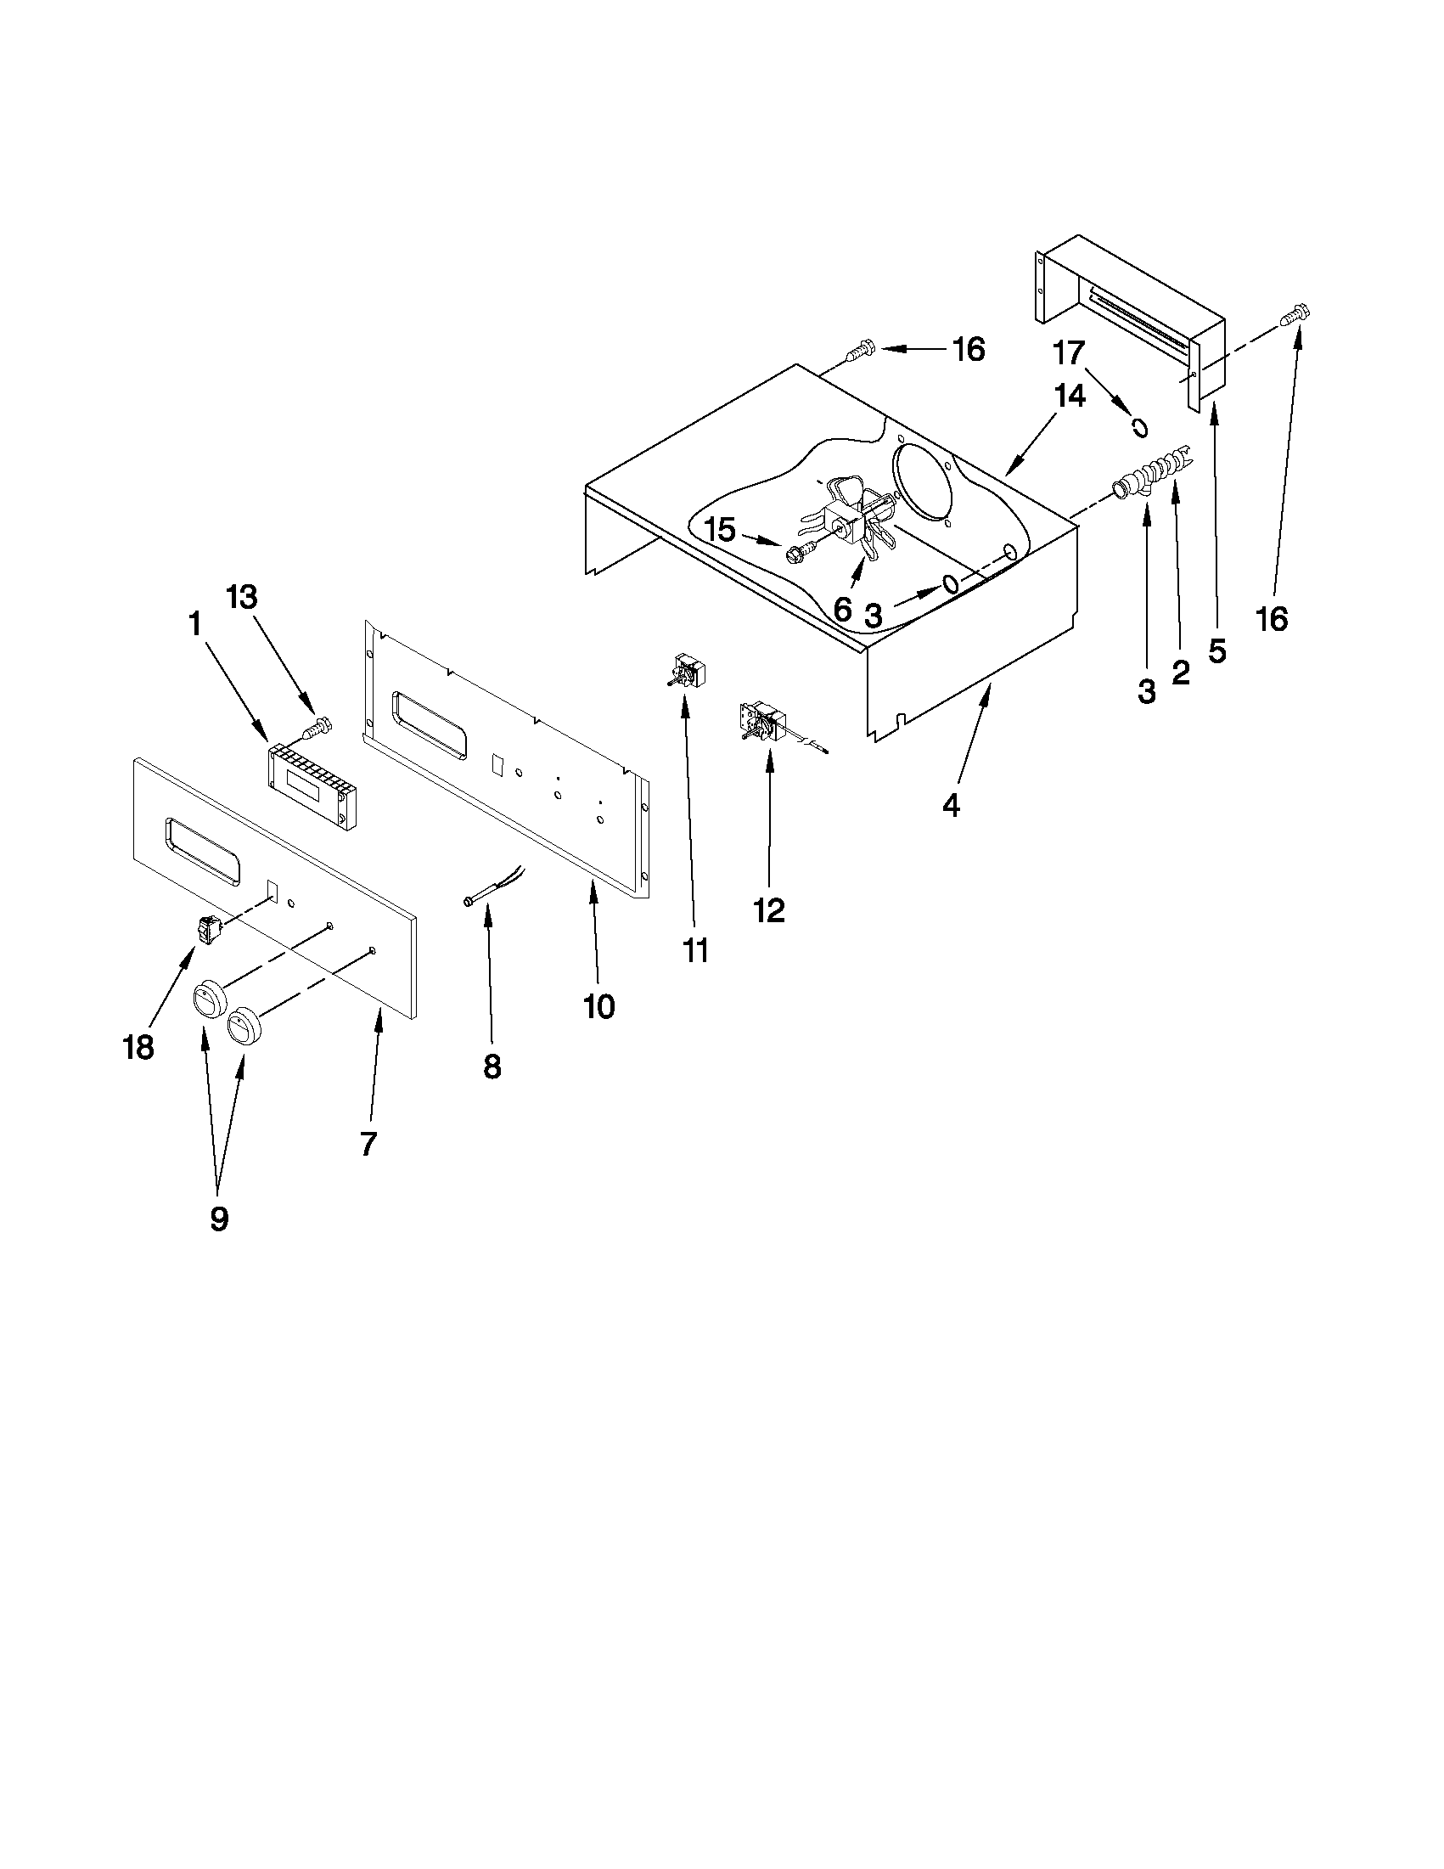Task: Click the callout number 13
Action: (241, 597)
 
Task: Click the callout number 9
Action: (219, 1219)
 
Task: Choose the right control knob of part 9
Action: (244, 1024)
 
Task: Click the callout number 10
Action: (598, 1006)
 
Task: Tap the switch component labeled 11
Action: (684, 670)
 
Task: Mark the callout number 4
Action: (951, 805)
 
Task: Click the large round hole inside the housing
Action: (924, 484)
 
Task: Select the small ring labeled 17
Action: (1139, 426)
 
